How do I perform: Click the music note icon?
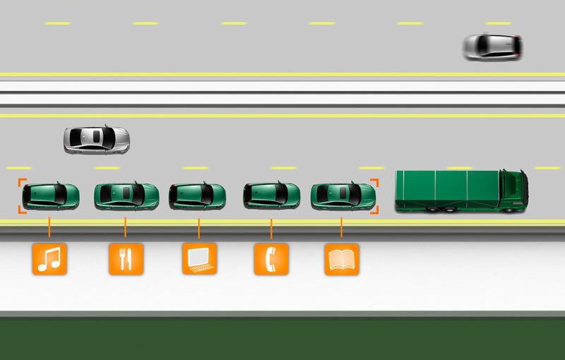click(49, 259)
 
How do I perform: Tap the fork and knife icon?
click(126, 259)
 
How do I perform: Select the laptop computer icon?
click(199, 259)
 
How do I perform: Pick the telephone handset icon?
click(271, 259)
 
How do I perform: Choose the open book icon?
click(342, 259)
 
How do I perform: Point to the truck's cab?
click(513, 191)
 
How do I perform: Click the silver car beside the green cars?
click(97, 139)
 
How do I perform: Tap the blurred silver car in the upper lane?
click(492, 47)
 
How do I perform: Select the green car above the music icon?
click(51, 196)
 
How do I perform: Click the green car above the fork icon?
click(126, 195)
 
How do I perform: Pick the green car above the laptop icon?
click(198, 195)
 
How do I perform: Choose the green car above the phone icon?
click(272, 195)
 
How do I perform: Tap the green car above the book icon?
click(343, 195)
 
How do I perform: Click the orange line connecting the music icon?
click(49, 227)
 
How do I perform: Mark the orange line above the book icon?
click(342, 227)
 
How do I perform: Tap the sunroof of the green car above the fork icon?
click(125, 191)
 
